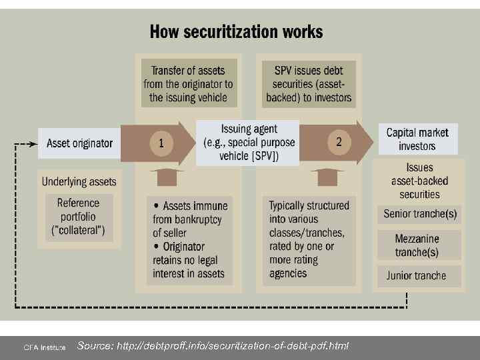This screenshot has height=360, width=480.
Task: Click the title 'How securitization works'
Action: tap(236, 31)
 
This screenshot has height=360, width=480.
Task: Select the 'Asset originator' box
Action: tap(80, 143)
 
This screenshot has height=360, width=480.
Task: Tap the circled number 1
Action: tap(161, 143)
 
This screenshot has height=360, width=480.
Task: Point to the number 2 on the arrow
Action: tap(339, 141)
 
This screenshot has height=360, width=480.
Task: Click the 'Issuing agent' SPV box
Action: tap(248, 143)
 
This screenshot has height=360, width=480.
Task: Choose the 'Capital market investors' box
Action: tap(417, 139)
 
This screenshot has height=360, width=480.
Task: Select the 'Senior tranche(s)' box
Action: tap(420, 214)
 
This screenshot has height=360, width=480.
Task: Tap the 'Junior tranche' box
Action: tap(417, 275)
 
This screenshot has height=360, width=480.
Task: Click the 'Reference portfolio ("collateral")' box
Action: tap(79, 217)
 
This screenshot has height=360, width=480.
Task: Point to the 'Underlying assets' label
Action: tap(79, 181)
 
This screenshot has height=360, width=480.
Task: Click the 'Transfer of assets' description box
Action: tap(188, 83)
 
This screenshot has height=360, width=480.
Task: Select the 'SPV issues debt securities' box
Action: tap(309, 83)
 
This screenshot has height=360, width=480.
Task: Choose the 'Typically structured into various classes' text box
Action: tap(309, 239)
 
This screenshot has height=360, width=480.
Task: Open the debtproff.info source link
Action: tap(213, 345)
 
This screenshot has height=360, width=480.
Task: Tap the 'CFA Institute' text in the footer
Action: tap(45, 347)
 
